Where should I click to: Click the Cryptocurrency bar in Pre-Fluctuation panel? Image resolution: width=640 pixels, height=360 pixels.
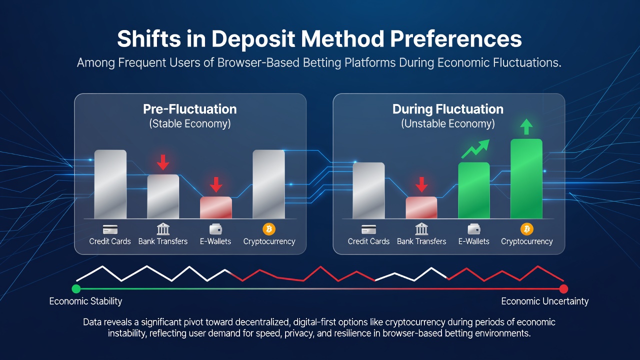268,184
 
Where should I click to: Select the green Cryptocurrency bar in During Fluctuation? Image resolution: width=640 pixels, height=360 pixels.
526,179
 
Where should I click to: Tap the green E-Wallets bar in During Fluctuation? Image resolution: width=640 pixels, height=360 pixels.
473,190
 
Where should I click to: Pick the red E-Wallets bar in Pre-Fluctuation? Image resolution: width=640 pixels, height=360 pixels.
215,207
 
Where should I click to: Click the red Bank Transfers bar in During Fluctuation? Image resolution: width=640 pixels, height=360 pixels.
421,207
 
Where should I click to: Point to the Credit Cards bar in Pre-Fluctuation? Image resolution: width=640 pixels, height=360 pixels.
110,184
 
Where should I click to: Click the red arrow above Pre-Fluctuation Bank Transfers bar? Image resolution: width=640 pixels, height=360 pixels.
163,162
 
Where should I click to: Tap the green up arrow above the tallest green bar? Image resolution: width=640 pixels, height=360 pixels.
526,127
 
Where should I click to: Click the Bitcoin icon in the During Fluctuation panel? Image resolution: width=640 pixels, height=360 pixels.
527,229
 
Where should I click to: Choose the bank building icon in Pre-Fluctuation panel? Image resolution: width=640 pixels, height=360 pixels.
163,229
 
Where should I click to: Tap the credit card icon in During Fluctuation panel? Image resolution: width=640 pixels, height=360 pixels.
368,229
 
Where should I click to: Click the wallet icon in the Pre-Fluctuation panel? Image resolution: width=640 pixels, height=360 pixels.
215,229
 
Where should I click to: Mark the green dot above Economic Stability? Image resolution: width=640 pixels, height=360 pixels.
76,289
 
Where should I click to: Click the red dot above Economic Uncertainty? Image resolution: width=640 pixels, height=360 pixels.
563,289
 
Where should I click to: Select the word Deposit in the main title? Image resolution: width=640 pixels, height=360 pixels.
253,39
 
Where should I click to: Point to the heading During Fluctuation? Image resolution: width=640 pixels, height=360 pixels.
447,109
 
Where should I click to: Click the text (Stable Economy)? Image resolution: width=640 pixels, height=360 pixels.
190,123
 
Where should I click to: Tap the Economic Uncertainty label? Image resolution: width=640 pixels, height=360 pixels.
545,301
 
